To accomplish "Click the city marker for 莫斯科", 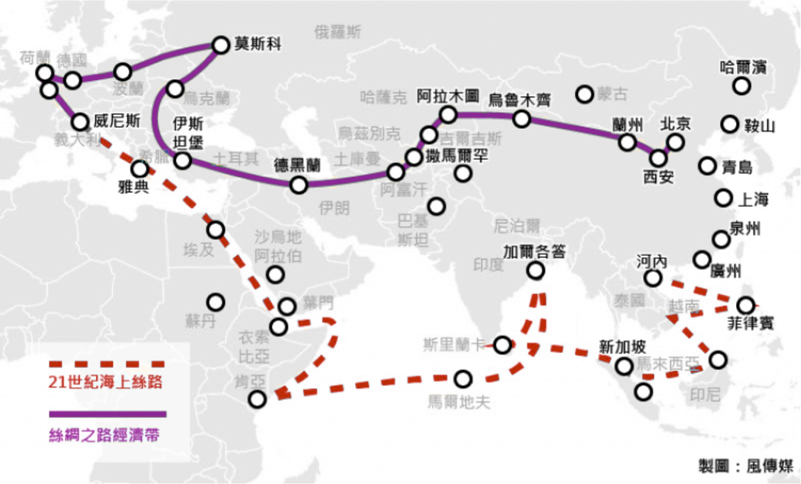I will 221,44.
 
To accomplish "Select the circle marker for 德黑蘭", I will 299,185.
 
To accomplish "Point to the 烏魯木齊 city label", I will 520,99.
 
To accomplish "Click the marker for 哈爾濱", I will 741,86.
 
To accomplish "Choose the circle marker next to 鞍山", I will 729,124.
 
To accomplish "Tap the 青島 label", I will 737,167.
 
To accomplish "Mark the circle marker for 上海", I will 723,198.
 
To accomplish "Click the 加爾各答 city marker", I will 535,270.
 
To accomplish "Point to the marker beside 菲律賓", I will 745,305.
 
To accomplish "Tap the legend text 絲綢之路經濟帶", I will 104,436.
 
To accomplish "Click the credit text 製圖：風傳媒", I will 746,466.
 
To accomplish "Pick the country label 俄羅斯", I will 338,31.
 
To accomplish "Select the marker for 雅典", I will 139,169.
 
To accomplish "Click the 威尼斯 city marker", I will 80,122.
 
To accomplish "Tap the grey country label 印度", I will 488,265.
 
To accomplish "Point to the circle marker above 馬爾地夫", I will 463,379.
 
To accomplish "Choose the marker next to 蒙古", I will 585,94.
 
